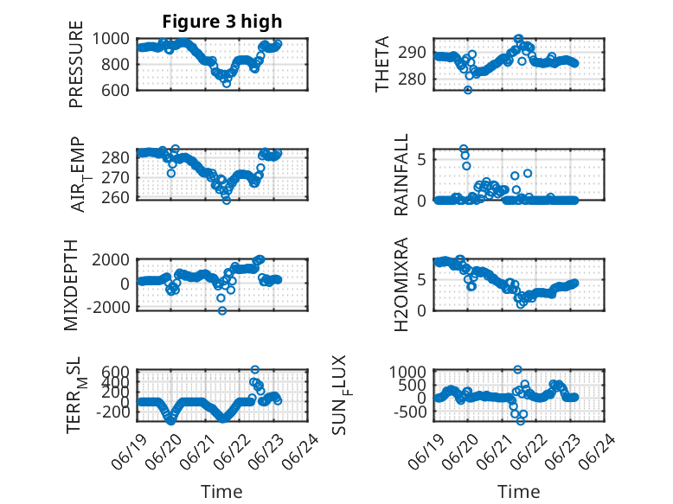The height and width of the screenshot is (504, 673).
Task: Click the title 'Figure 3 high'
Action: point(222,22)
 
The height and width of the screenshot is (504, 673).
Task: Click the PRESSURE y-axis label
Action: point(75,64)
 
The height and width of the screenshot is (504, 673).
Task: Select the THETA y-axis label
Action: point(381,64)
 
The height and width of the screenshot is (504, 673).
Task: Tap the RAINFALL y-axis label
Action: point(401,175)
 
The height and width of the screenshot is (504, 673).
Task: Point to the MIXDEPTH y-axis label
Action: point(71,285)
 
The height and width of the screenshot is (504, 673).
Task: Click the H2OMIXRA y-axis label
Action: point(401,284)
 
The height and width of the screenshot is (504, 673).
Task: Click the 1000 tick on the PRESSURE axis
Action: point(111,39)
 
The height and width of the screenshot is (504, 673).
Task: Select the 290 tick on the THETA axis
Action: point(412,53)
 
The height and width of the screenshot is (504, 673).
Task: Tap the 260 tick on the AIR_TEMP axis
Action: point(115,198)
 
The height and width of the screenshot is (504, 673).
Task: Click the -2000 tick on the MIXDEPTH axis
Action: point(108,308)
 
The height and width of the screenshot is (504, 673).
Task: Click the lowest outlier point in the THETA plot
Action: point(468,90)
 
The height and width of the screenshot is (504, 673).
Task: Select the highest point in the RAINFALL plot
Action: point(464,149)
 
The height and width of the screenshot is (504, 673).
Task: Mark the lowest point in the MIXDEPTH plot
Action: point(222,310)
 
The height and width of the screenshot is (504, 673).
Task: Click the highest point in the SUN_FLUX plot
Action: point(517,369)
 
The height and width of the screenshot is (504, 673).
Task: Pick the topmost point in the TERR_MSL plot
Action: point(255,369)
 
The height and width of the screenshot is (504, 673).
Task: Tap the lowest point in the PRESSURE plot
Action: point(226,84)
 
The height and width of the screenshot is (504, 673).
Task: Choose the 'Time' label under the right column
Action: point(518,492)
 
